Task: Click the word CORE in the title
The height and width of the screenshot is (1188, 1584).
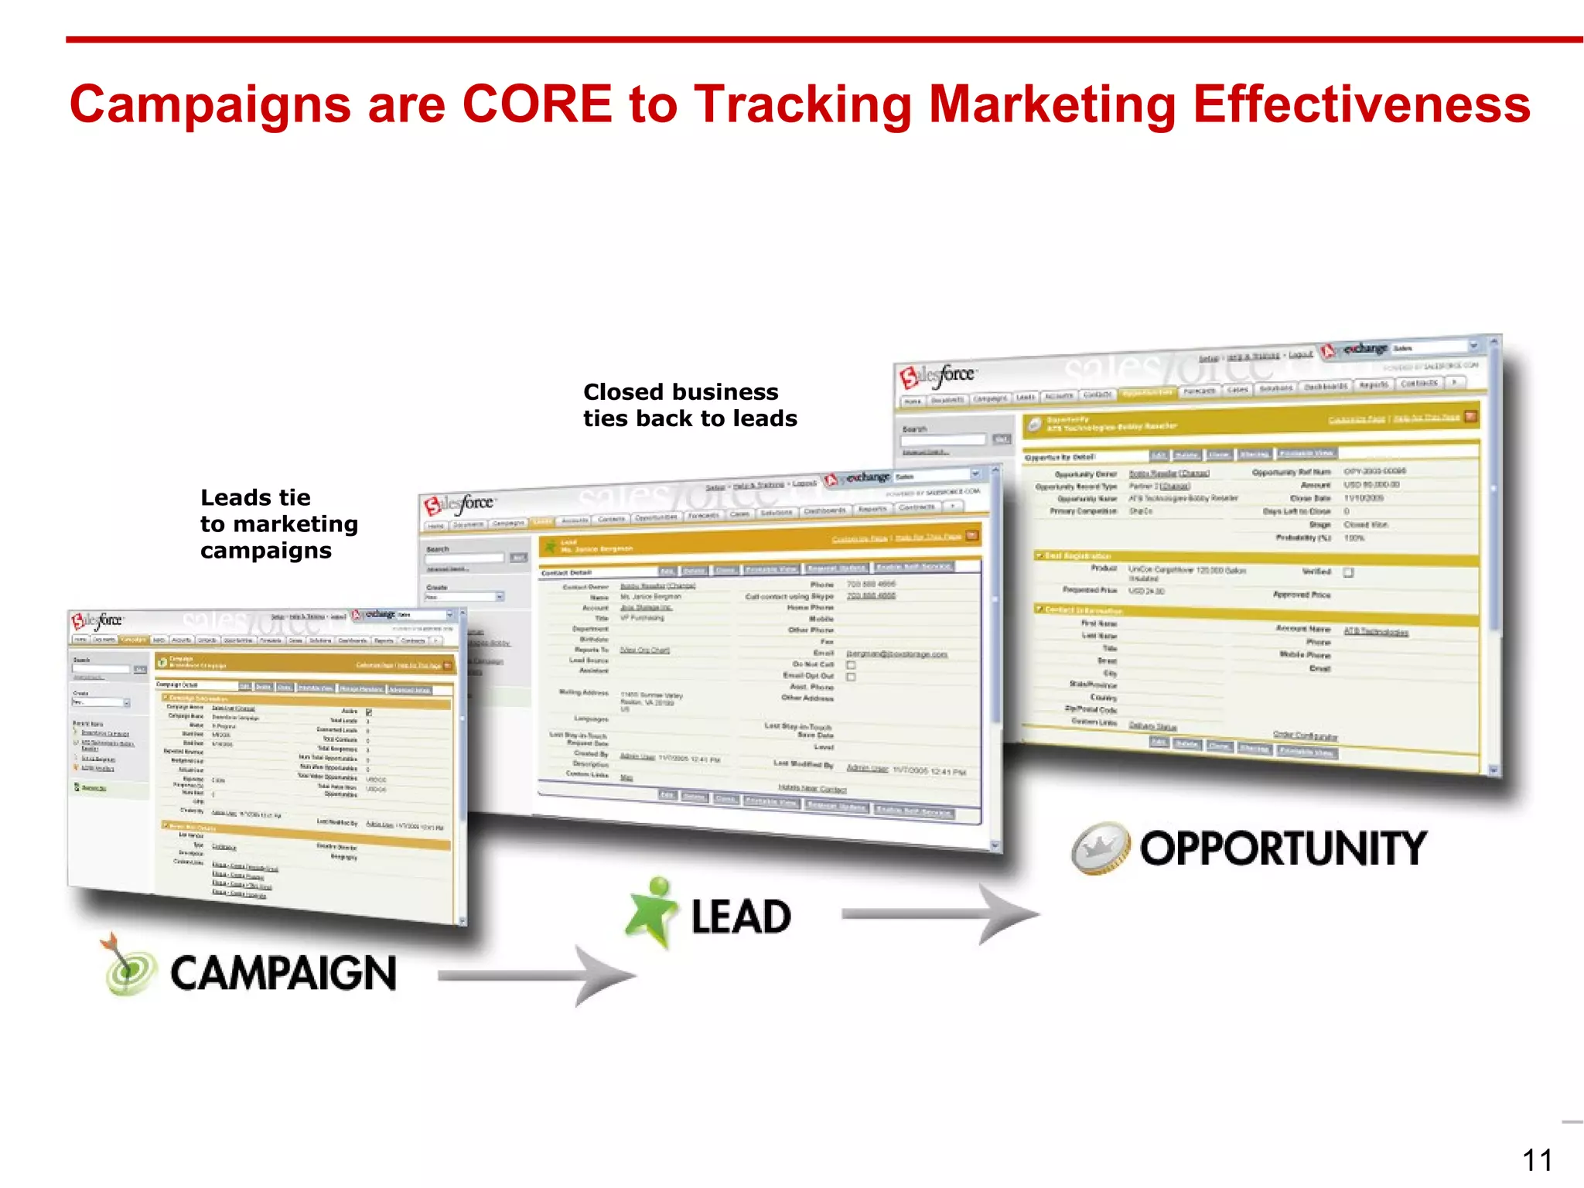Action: (537, 104)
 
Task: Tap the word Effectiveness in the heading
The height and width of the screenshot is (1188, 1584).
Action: (1361, 104)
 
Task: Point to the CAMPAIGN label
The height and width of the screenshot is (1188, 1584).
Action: (283, 973)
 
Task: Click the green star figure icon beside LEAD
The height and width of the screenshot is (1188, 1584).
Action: (652, 913)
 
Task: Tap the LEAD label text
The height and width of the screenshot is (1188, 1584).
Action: (741, 917)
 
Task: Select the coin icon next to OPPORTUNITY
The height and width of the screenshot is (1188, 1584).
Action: (1101, 848)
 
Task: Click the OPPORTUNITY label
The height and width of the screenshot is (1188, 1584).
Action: (1283, 848)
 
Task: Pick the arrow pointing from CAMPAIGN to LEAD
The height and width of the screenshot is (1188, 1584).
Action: (538, 976)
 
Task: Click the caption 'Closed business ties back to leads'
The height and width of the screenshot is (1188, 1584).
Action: (689, 405)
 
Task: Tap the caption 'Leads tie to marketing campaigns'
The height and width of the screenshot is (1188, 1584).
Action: (278, 524)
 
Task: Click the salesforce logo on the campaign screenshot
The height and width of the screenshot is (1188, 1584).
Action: (97, 621)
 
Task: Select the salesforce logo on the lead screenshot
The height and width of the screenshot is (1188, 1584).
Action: (458, 504)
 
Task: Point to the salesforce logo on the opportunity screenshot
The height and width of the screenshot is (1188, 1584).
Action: (937, 376)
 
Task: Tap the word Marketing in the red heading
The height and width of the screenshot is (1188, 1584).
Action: (1053, 104)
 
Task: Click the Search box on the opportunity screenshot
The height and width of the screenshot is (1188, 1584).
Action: (943, 440)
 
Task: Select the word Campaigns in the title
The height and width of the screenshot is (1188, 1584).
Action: (210, 104)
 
